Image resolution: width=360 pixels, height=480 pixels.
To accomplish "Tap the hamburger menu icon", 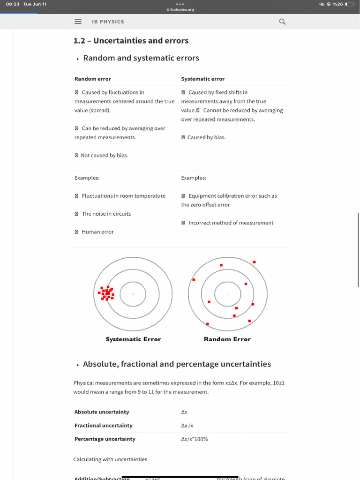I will pyautogui.click(x=78, y=22).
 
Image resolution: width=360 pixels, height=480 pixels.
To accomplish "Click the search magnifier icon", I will pyautogui.click(x=282, y=22).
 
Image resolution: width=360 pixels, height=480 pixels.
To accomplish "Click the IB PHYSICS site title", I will pyautogui.click(x=108, y=22).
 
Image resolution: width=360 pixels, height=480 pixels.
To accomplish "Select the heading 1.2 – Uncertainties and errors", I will pyautogui.click(x=131, y=41).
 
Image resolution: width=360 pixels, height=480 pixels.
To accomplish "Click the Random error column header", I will pyautogui.click(x=93, y=79).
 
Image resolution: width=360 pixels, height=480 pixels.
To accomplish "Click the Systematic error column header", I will pyautogui.click(x=202, y=79).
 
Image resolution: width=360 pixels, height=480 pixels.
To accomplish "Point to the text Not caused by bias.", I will pyautogui.click(x=104, y=155).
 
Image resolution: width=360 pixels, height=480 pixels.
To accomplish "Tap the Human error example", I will pyautogui.click(x=97, y=232).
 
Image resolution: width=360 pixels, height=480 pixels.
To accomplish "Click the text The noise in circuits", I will pyautogui.click(x=106, y=214).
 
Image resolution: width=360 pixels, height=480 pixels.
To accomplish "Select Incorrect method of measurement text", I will pyautogui.click(x=231, y=223).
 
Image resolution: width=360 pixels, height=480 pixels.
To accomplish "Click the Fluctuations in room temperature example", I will pyautogui.click(x=123, y=196).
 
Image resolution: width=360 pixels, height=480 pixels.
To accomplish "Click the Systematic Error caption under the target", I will pyautogui.click(x=133, y=339).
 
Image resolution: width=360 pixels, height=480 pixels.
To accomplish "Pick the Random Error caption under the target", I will pyautogui.click(x=227, y=339).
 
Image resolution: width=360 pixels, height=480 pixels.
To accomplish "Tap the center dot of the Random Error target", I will pyautogui.click(x=228, y=294).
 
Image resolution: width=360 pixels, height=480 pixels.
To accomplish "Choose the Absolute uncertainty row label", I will pyautogui.click(x=102, y=412).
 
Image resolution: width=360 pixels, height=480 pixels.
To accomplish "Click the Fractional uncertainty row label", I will pyautogui.click(x=104, y=426).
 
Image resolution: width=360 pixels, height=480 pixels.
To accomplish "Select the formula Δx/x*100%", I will pyautogui.click(x=195, y=439).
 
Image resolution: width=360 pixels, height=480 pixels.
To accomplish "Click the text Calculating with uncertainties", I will pyautogui.click(x=110, y=459).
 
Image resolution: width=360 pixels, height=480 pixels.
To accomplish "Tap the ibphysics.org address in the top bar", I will pyautogui.click(x=180, y=9).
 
